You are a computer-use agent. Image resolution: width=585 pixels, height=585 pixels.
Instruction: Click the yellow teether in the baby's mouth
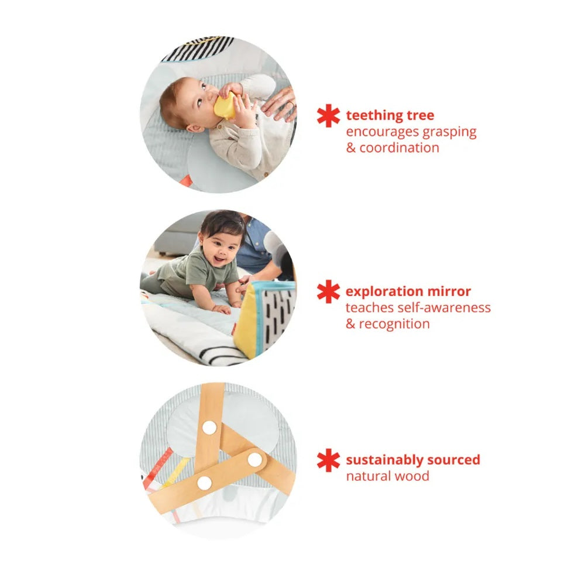225,105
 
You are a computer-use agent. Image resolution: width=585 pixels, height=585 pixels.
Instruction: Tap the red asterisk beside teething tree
328,116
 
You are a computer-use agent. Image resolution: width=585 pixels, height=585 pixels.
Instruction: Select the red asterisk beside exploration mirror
328,291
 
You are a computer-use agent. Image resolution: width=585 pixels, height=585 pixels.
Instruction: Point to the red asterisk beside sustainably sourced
328,460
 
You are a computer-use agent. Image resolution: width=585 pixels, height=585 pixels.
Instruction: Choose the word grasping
449,132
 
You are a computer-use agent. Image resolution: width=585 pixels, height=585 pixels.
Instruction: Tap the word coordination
399,148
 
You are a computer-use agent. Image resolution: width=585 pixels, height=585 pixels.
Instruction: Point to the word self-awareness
444,308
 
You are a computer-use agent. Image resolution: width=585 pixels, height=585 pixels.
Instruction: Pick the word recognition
394,324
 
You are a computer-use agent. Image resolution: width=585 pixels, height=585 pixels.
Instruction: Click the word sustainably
384,460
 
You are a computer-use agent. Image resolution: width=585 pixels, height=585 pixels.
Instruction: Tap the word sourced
454,460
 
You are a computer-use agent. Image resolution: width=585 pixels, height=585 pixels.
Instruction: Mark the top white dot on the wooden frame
209,428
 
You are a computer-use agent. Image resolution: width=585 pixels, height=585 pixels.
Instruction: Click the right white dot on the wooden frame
255,460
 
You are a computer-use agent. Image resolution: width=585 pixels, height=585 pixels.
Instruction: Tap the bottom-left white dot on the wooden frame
204,483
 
